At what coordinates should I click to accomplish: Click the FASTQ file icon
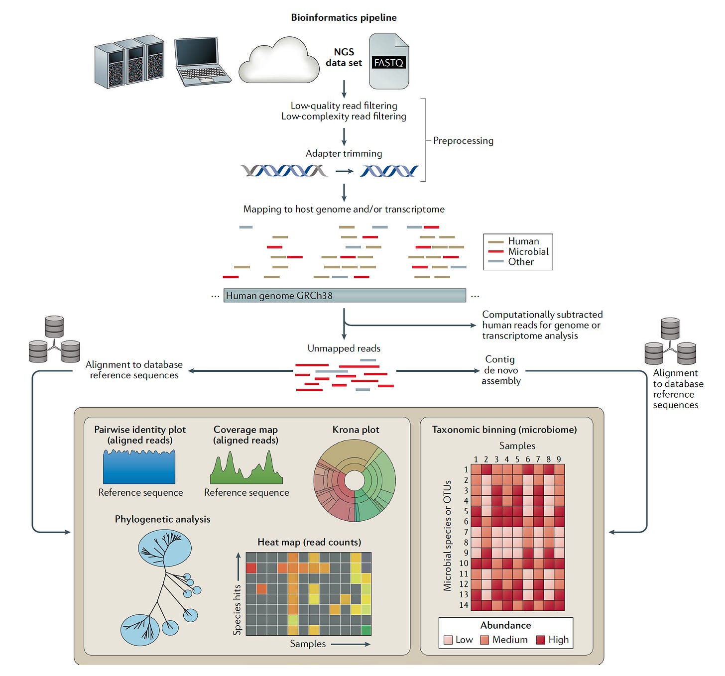point(389,62)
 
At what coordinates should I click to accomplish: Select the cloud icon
point(279,61)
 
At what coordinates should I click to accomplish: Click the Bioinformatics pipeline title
point(344,17)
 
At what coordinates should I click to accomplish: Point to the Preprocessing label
point(463,141)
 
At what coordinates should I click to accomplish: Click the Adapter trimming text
point(344,153)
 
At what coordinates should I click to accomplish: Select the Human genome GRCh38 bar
point(345,295)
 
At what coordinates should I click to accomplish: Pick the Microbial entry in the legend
point(528,252)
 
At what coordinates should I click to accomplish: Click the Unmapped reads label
point(344,348)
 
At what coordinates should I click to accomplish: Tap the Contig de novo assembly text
point(500,370)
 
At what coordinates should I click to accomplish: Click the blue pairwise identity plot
point(139,468)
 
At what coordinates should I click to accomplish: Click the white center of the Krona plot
point(355,481)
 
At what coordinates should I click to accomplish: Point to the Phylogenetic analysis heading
point(162,519)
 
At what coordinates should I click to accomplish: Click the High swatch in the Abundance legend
point(541,640)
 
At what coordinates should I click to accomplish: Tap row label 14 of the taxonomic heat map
point(464,605)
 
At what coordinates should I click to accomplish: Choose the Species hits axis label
point(237,609)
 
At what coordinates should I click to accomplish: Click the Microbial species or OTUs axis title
point(447,535)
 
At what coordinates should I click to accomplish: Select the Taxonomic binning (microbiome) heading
point(504,430)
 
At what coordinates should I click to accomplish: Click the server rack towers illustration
point(129,61)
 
